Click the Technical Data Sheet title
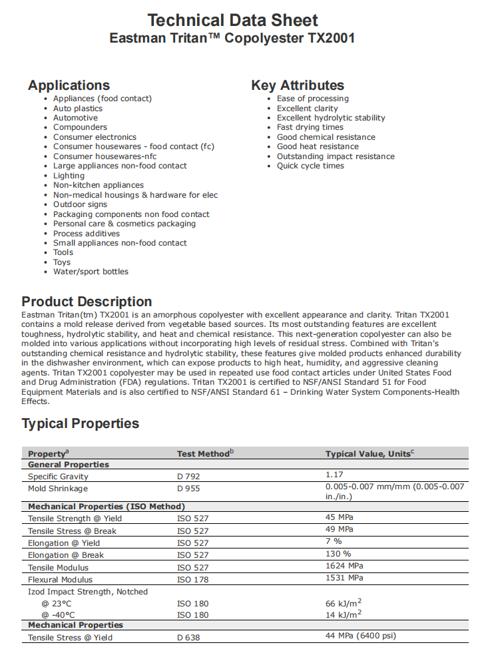tap(232, 20)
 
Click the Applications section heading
tap(69, 85)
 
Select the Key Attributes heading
tap(298, 85)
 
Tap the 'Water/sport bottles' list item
tap(91, 272)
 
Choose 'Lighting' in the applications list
tap(69, 176)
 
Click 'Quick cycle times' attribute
tap(310, 166)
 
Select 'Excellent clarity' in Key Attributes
tap(307, 109)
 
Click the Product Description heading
tap(87, 302)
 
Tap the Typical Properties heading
tap(81, 424)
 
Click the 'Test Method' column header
tap(205, 454)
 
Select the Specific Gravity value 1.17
tap(334, 475)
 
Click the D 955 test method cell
tap(188, 489)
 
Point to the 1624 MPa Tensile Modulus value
tap(344, 566)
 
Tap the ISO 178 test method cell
tap(192, 580)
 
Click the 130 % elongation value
tap(338, 554)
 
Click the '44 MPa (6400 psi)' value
tap(360, 636)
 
